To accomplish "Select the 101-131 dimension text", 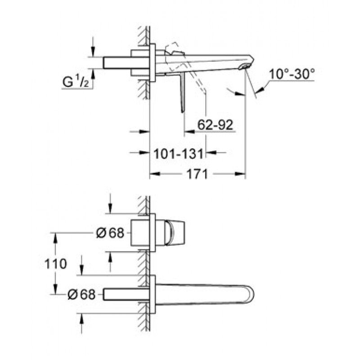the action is (178, 154).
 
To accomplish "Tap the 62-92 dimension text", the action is (216, 125).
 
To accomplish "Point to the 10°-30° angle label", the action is (292, 74).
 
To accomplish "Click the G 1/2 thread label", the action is (76, 82).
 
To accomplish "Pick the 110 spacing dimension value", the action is (55, 264).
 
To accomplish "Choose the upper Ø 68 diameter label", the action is (110, 233).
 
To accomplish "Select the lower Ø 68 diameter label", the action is (81, 294).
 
